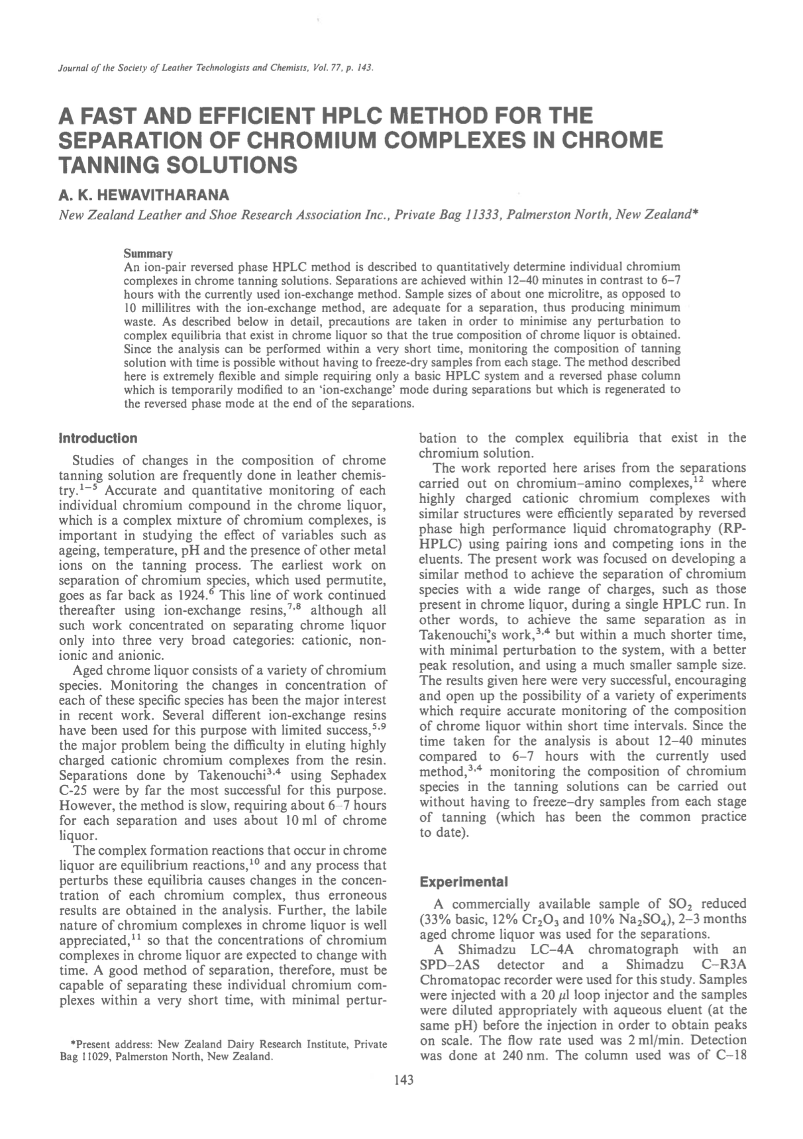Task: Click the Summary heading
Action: (148, 254)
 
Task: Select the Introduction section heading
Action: (98, 439)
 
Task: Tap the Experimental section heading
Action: (464, 883)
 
